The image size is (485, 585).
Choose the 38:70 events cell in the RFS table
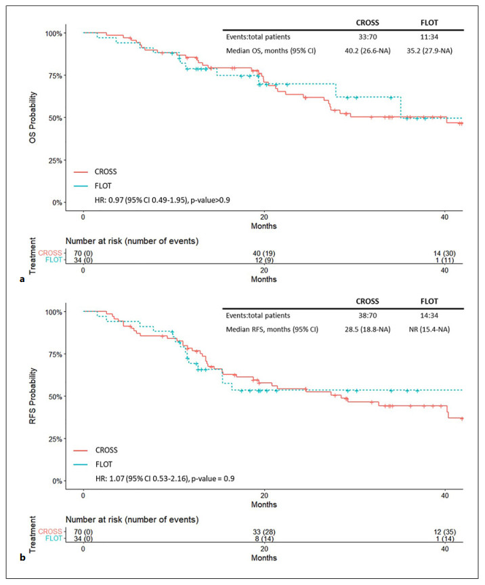click(366, 315)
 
